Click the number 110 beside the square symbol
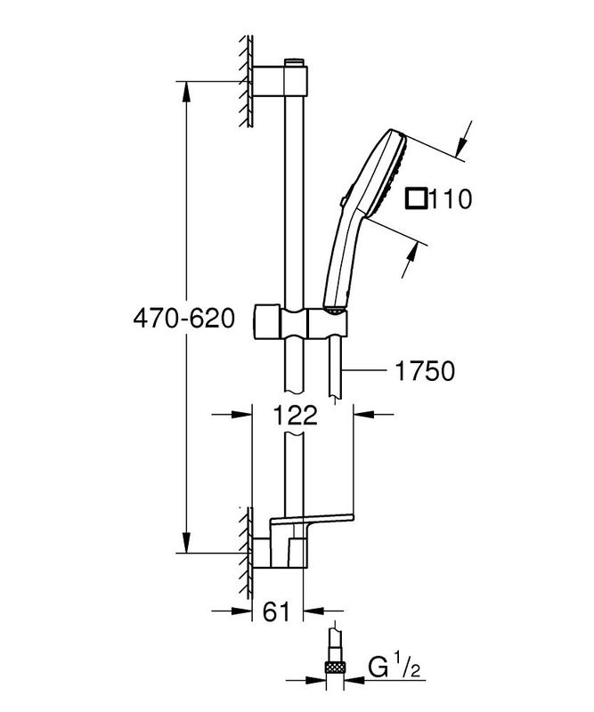449,197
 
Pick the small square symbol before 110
416,197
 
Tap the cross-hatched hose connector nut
336,666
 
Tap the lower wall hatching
242,552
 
